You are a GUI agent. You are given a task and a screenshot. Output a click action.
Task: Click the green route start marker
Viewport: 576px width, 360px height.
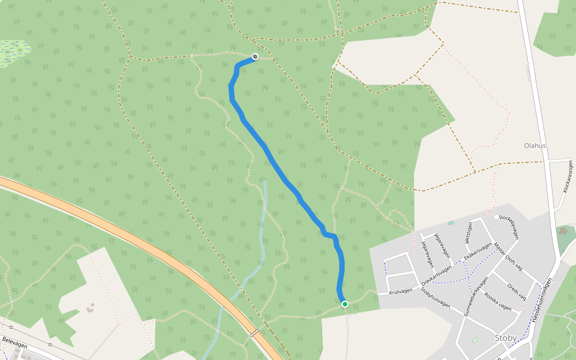345,304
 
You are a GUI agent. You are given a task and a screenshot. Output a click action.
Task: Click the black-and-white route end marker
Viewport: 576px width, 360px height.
255,56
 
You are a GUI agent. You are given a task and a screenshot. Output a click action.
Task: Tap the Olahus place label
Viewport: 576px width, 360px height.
535,146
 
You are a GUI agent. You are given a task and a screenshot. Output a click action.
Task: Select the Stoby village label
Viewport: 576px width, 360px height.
505,338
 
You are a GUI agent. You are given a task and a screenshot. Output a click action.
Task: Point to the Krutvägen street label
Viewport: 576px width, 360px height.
401,291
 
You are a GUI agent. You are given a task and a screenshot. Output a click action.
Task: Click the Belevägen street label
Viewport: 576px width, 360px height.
16,340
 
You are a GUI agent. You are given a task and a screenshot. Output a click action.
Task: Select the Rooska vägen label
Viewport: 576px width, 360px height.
497,302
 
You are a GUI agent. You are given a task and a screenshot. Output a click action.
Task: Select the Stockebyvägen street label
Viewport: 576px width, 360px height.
508,226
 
